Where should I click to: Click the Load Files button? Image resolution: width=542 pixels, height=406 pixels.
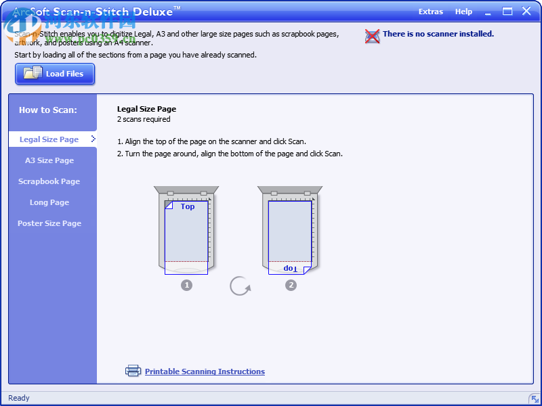pyautogui.click(x=55, y=74)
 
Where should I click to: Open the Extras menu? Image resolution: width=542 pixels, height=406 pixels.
pyautogui.click(x=431, y=12)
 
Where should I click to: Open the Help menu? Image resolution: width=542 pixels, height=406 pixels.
pyautogui.click(x=463, y=12)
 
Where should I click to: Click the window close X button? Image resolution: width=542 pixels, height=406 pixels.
pyautogui.click(x=526, y=12)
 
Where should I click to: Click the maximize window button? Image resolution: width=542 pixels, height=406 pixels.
pyautogui.click(x=507, y=12)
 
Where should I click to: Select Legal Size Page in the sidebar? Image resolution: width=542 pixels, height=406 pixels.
pyautogui.click(x=49, y=139)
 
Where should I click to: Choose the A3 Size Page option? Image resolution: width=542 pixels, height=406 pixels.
pyautogui.click(x=49, y=160)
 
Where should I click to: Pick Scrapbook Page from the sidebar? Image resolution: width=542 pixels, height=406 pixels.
pyautogui.click(x=49, y=181)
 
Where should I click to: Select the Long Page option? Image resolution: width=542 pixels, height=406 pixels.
pyautogui.click(x=49, y=202)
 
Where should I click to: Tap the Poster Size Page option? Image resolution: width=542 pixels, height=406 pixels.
pyautogui.click(x=49, y=223)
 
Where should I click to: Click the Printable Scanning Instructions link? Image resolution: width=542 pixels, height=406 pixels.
pyautogui.click(x=205, y=371)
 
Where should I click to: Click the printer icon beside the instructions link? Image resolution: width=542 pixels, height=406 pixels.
pyautogui.click(x=133, y=371)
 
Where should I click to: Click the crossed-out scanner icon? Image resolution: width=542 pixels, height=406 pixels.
pyautogui.click(x=372, y=36)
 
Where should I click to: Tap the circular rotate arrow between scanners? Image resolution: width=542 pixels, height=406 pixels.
pyautogui.click(x=240, y=286)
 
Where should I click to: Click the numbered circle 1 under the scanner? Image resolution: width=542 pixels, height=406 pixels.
pyautogui.click(x=187, y=286)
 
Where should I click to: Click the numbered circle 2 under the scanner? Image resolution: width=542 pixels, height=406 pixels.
pyautogui.click(x=291, y=286)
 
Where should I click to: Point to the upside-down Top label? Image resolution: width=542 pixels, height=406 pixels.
pyautogui.click(x=290, y=268)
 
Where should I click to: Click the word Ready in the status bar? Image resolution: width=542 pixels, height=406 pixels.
pyautogui.click(x=19, y=398)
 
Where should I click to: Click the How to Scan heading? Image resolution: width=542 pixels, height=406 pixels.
pyautogui.click(x=48, y=110)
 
